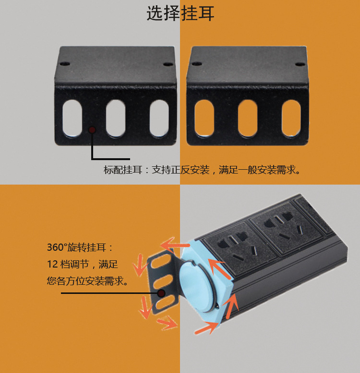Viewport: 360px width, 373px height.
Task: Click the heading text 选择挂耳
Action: (180, 13)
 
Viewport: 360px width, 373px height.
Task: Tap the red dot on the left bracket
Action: (92, 129)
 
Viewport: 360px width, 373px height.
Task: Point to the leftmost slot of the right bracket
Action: (204, 118)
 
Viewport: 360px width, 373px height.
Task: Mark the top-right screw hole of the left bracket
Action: (167, 63)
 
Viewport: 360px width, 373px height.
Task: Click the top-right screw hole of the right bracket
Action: (299, 63)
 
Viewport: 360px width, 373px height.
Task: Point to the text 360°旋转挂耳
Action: (80, 248)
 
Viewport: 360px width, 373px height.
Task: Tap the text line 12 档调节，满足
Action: (83, 265)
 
